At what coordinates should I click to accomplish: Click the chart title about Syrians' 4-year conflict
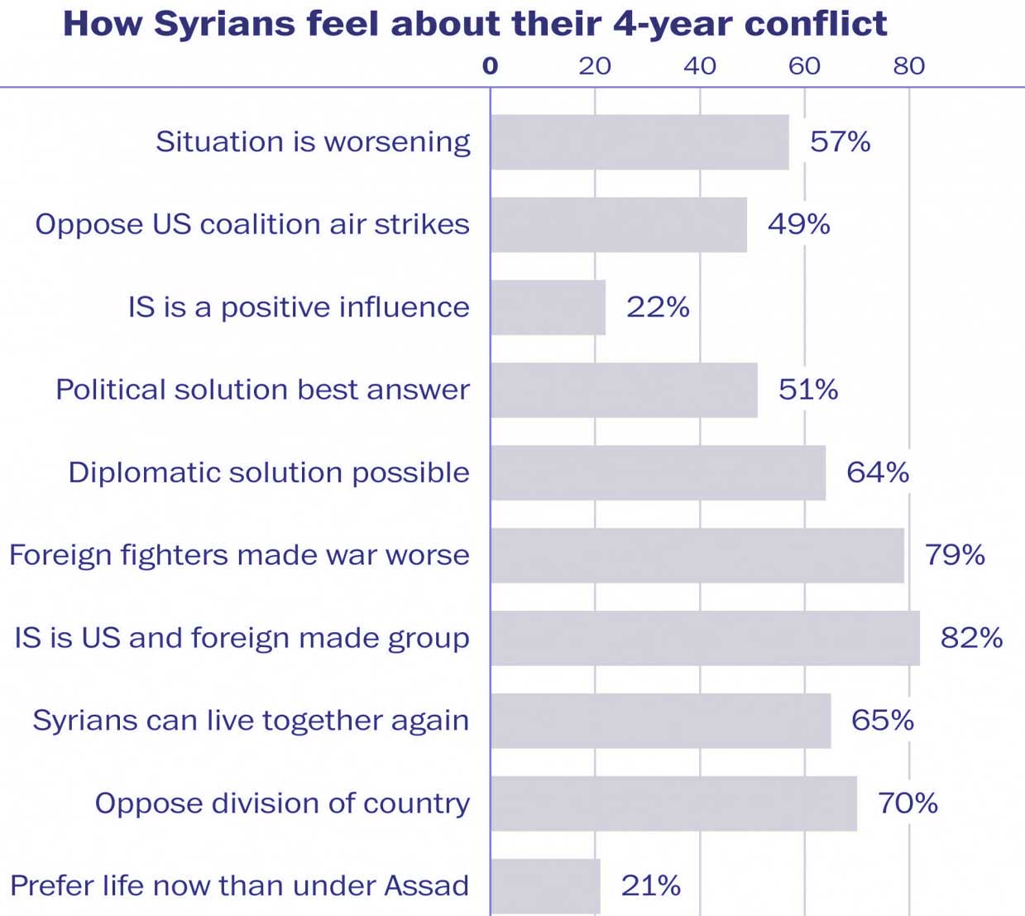click(x=475, y=24)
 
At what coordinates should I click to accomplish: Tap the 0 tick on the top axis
click(x=491, y=66)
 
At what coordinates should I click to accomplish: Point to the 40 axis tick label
click(x=700, y=66)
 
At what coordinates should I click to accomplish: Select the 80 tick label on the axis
click(x=908, y=66)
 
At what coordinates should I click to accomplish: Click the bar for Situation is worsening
click(x=639, y=142)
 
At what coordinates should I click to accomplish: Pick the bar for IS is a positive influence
click(x=548, y=307)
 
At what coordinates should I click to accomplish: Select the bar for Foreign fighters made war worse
click(x=697, y=555)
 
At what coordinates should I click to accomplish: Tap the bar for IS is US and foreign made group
click(x=705, y=638)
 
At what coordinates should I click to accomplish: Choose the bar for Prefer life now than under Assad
click(x=545, y=886)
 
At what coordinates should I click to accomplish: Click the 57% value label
click(x=840, y=142)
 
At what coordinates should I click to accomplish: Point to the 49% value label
click(x=798, y=224)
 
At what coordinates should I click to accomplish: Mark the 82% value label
click(x=971, y=638)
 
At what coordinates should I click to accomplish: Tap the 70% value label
click(x=908, y=803)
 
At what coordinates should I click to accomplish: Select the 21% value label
click(x=651, y=886)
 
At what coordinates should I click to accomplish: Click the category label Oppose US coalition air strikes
click(x=252, y=224)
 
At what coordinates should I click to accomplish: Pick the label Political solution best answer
click(x=262, y=390)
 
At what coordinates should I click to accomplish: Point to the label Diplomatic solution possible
click(x=269, y=472)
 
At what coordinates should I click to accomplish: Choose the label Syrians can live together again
click(x=251, y=721)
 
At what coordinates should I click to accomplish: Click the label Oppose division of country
click(x=282, y=803)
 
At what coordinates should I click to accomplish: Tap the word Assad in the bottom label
click(x=427, y=886)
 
